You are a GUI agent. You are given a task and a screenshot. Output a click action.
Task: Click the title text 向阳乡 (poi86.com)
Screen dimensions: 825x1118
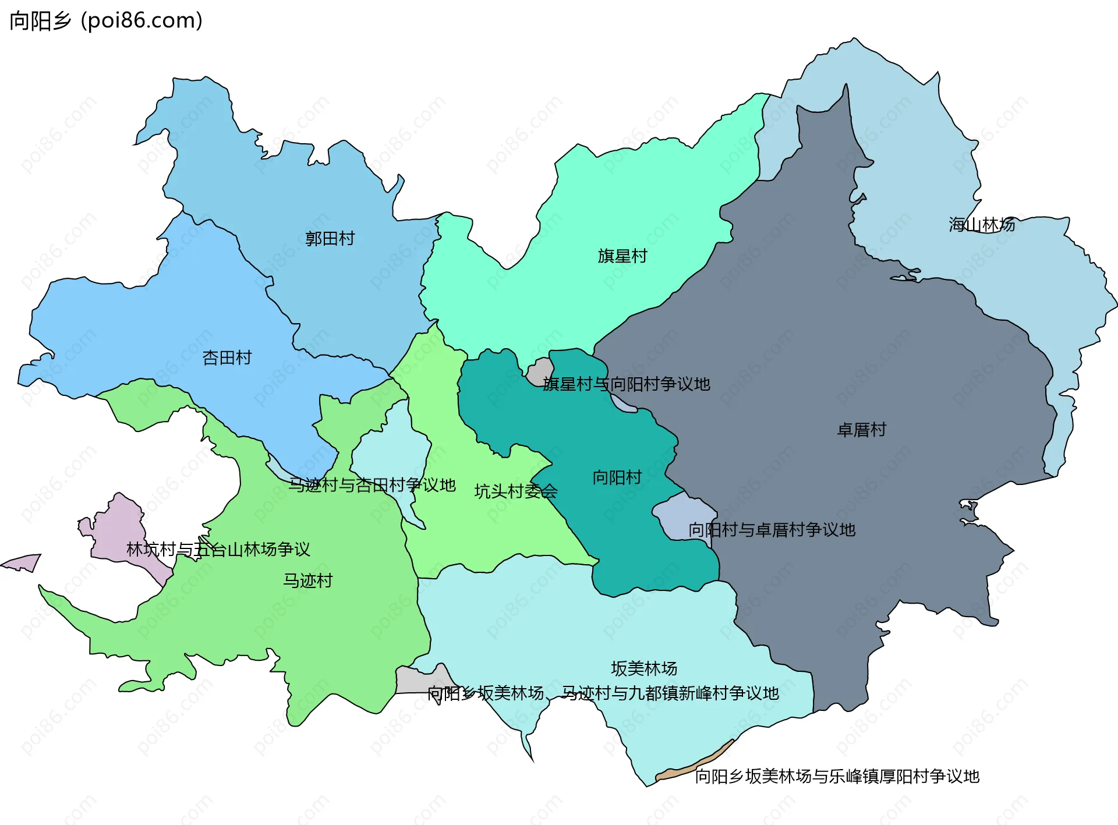[x=106, y=21]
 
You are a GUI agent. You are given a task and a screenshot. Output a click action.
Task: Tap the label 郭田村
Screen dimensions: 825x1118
[x=330, y=239]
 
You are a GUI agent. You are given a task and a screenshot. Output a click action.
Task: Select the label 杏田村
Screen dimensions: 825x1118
[x=227, y=357]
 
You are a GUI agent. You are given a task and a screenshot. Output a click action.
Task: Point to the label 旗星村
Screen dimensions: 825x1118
[x=622, y=256]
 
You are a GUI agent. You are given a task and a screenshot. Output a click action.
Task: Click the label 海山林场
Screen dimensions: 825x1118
[x=982, y=225]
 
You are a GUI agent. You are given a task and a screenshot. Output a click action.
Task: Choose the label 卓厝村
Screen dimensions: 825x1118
[x=861, y=430]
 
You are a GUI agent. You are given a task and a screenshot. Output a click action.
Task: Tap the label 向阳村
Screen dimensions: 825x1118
[x=617, y=477]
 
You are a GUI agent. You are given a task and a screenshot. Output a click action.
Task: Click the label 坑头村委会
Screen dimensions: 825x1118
[x=516, y=491]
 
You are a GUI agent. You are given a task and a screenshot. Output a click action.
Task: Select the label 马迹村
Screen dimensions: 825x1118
[x=307, y=580]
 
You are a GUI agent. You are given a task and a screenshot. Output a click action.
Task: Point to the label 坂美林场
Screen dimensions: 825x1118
[x=644, y=668]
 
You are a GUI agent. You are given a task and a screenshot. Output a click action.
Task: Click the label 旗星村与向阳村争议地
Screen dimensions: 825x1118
[x=627, y=384]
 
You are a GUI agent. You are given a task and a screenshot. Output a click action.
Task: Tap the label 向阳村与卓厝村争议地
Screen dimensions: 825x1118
[x=772, y=530]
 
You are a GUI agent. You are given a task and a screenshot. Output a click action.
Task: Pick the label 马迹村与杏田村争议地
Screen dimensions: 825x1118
[x=372, y=485]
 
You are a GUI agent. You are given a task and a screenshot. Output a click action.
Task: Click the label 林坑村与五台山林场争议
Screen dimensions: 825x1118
[x=218, y=549]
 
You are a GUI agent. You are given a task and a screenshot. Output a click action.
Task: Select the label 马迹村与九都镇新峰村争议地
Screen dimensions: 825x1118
[x=670, y=693]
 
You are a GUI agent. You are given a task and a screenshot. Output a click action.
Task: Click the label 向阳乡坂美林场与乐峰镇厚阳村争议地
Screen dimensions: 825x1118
[x=837, y=776]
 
